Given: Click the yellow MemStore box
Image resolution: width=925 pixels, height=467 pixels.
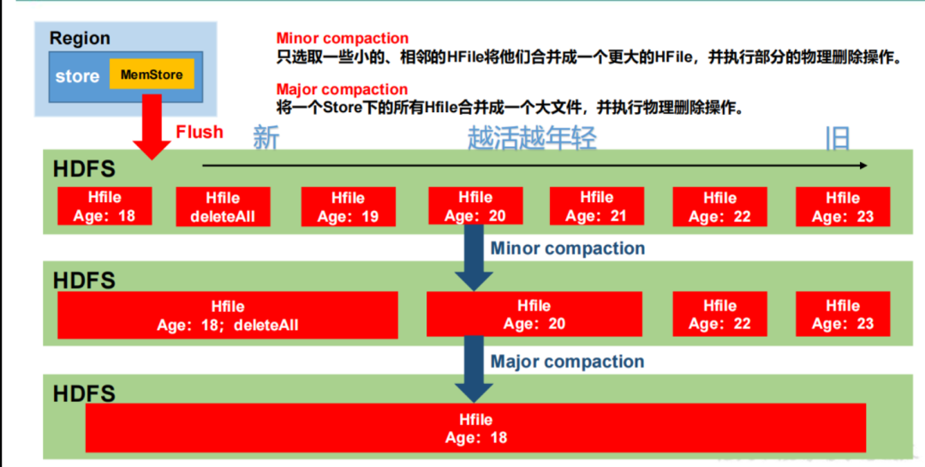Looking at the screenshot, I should [x=152, y=75].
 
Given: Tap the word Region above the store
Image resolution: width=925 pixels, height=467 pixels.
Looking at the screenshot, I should [x=80, y=39].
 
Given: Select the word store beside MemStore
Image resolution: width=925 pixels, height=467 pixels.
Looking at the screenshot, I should [x=77, y=76].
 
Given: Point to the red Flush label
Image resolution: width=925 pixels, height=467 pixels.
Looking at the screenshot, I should [x=200, y=132].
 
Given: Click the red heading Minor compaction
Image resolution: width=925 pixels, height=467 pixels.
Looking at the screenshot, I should [x=342, y=39].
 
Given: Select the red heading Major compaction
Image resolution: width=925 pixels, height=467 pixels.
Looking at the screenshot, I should [x=342, y=90].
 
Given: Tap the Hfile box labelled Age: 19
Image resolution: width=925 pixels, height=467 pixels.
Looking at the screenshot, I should [x=348, y=207].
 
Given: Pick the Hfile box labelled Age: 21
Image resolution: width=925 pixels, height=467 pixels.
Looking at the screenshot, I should [x=596, y=207].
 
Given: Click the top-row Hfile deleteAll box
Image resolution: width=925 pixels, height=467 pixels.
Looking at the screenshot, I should [x=223, y=207].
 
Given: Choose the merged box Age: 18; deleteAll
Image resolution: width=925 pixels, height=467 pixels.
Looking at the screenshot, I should [x=228, y=315].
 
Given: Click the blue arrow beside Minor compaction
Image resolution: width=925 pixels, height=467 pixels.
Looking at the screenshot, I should [x=474, y=257].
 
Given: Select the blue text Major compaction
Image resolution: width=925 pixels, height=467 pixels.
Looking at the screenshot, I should [x=567, y=362].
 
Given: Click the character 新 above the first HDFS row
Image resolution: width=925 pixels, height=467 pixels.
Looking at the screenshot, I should [x=266, y=138].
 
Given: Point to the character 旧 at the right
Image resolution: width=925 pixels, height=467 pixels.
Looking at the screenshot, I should [x=837, y=138].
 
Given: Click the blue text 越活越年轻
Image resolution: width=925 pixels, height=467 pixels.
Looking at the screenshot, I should [x=531, y=138].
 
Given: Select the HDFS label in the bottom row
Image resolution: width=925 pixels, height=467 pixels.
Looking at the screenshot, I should [x=84, y=393].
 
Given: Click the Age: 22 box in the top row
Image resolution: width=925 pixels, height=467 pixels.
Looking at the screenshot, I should [x=719, y=207].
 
